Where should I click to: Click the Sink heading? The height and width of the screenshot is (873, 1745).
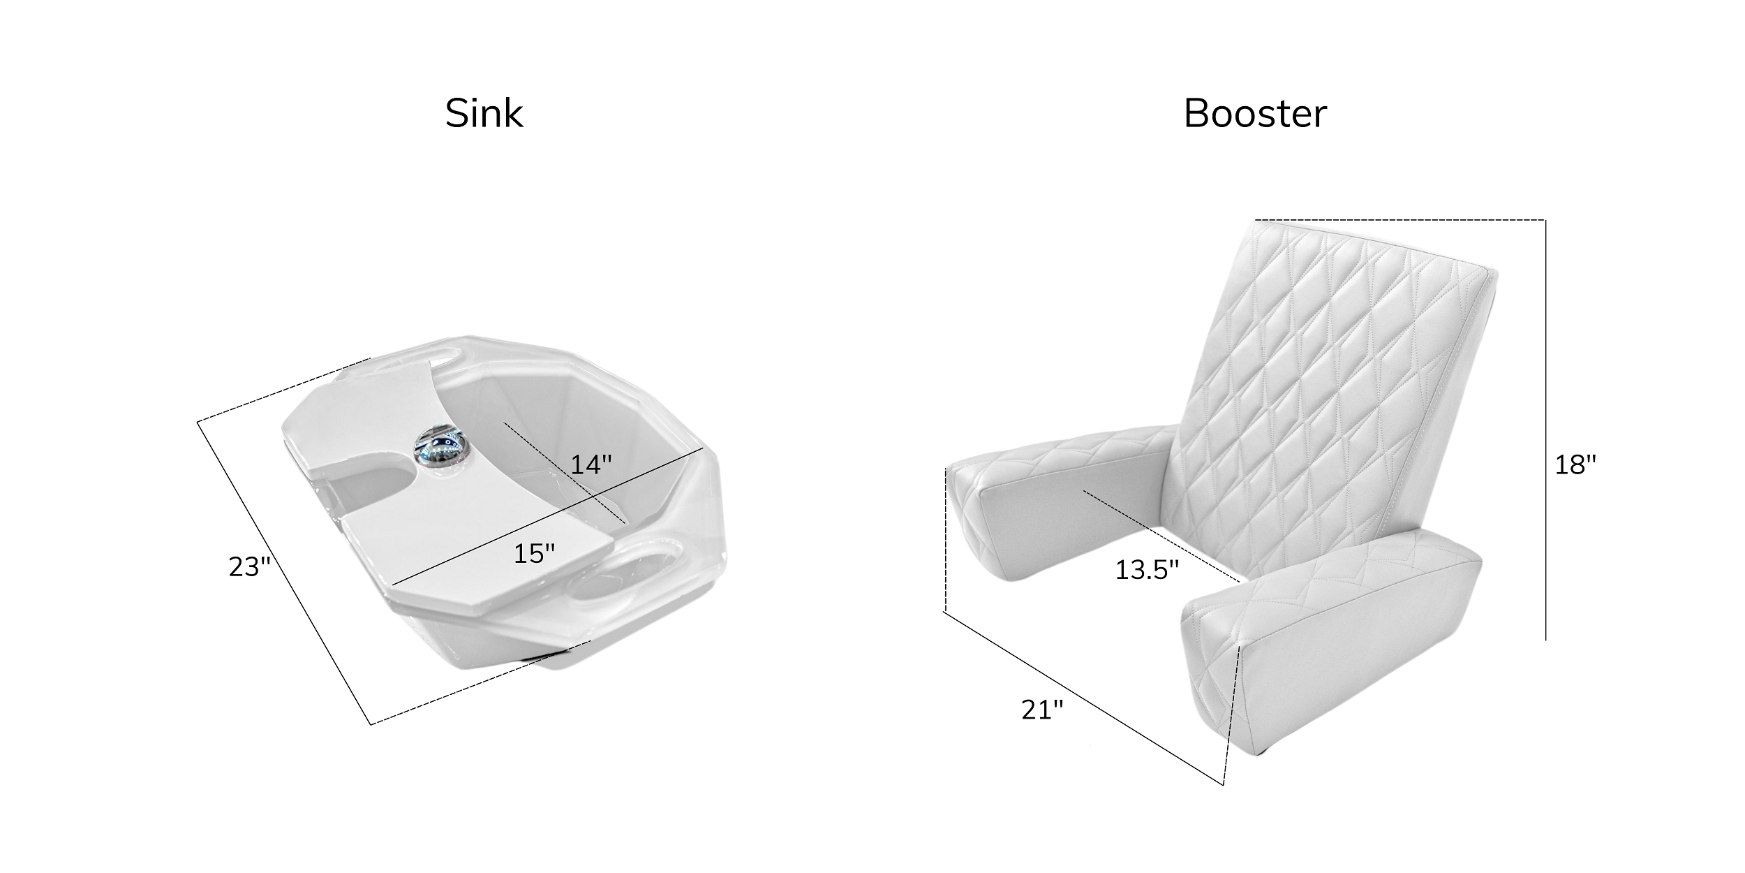[484, 114]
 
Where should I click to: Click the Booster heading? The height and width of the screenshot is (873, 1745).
[1255, 114]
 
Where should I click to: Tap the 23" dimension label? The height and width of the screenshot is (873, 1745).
[249, 567]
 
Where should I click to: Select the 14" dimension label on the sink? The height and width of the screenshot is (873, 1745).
[591, 464]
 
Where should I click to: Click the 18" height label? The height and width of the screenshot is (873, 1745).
[1575, 464]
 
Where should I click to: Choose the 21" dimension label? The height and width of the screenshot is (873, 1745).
[1043, 710]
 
